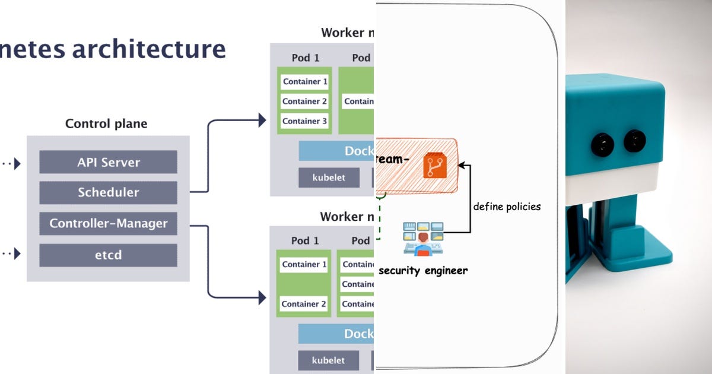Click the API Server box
tap(108, 162)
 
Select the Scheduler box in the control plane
tap(108, 192)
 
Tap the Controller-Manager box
tap(108, 224)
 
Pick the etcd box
tap(108, 255)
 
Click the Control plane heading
tap(106, 124)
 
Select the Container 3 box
tap(304, 121)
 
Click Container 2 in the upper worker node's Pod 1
tap(304, 102)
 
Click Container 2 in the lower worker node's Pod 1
tap(304, 304)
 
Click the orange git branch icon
tap(434, 166)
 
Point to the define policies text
tap(507, 207)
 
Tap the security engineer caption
tap(422, 271)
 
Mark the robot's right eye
tap(635, 141)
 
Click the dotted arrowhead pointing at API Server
tap(17, 163)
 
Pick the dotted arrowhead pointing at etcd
tap(17, 254)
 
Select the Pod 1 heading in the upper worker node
tap(305, 58)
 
